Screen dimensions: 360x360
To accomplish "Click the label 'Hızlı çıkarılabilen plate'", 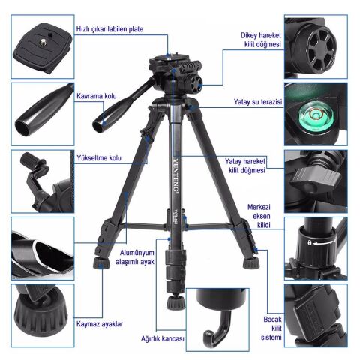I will point(110,30).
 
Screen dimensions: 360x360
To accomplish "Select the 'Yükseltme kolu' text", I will point(97,158).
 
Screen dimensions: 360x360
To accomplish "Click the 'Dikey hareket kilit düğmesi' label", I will point(260,40).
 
